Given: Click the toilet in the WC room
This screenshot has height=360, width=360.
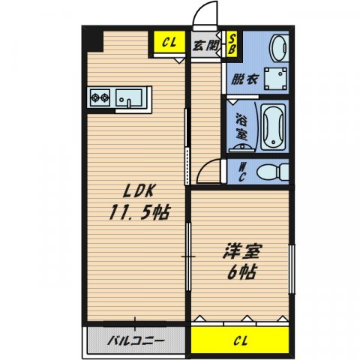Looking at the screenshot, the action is [x=273, y=172].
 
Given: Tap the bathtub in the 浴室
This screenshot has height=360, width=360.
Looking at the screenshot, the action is [x=273, y=127].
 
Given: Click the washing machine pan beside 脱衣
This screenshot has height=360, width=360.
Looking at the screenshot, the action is [x=275, y=79].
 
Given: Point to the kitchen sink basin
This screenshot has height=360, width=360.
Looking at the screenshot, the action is [x=128, y=98].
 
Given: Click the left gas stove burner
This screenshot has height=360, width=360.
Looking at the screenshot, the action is [x=95, y=97].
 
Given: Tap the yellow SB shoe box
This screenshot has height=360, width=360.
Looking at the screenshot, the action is [x=232, y=44].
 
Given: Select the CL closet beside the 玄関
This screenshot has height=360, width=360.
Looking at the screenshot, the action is [x=169, y=42].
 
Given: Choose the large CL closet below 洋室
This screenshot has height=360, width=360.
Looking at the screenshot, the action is [x=240, y=340].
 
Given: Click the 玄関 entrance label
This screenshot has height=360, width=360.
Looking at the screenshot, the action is [x=205, y=46].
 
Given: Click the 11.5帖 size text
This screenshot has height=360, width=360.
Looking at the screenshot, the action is [x=139, y=212].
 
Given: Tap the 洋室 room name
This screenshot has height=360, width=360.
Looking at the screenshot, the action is [x=242, y=251].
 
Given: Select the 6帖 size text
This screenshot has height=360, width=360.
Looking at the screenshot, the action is [x=241, y=272].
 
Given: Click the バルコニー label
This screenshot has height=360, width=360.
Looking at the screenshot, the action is [x=136, y=340].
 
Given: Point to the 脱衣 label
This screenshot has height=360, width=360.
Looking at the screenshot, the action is [x=244, y=79].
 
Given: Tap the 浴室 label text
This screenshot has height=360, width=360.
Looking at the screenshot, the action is [x=241, y=127].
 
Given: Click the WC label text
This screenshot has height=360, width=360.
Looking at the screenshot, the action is [x=241, y=172].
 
